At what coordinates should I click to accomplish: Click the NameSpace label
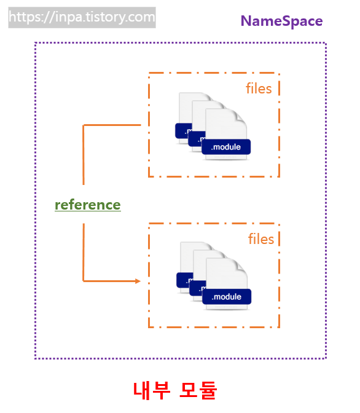click(x=281, y=21)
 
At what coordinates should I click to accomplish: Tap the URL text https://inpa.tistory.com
click(x=82, y=17)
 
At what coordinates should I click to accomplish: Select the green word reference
click(x=88, y=205)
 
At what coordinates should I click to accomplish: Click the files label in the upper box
click(x=259, y=88)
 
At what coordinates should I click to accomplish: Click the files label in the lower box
click(x=261, y=238)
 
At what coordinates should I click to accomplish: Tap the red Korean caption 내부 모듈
click(x=175, y=390)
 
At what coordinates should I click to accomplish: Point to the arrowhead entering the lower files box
click(x=137, y=281)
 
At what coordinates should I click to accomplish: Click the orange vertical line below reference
click(x=83, y=252)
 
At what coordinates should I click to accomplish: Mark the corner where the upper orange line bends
click(x=84, y=125)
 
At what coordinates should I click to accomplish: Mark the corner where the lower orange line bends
click(x=84, y=281)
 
